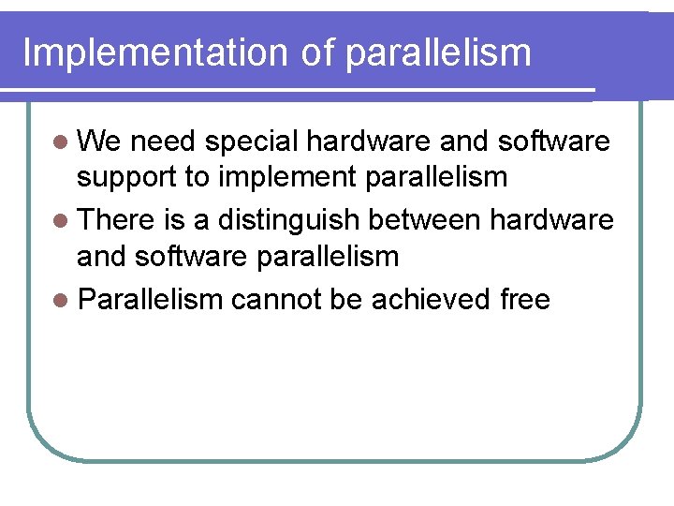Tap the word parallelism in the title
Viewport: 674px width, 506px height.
coord(438,54)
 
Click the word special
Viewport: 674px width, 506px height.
coord(251,143)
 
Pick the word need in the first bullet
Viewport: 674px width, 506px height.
coord(164,141)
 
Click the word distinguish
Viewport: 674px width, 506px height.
coord(287,221)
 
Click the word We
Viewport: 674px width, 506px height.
coord(100,141)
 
